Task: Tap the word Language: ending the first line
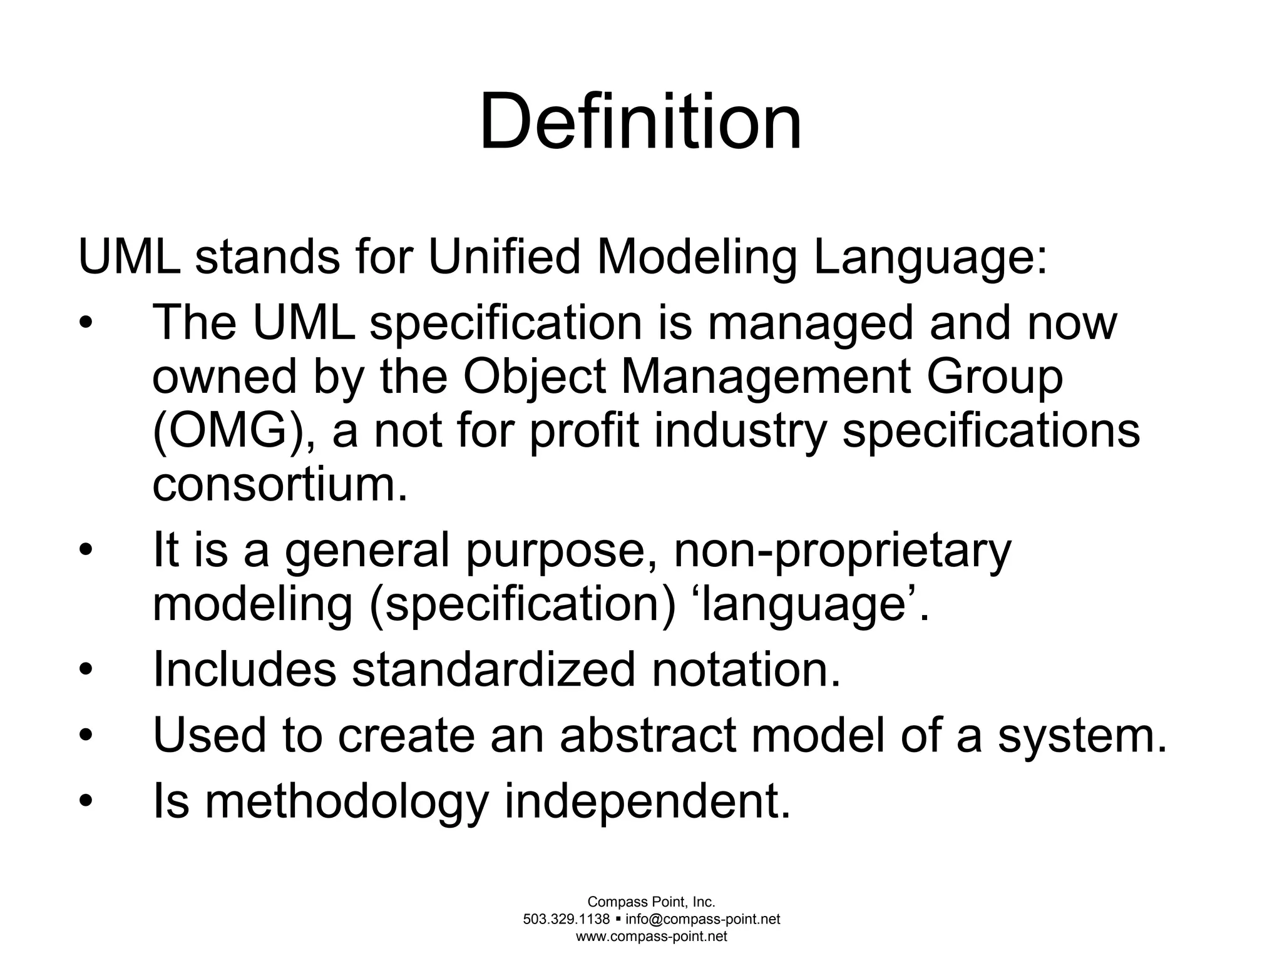point(930,258)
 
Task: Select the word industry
point(741,432)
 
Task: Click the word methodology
point(346,803)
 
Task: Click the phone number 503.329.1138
point(566,919)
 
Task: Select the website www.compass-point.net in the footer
point(651,937)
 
